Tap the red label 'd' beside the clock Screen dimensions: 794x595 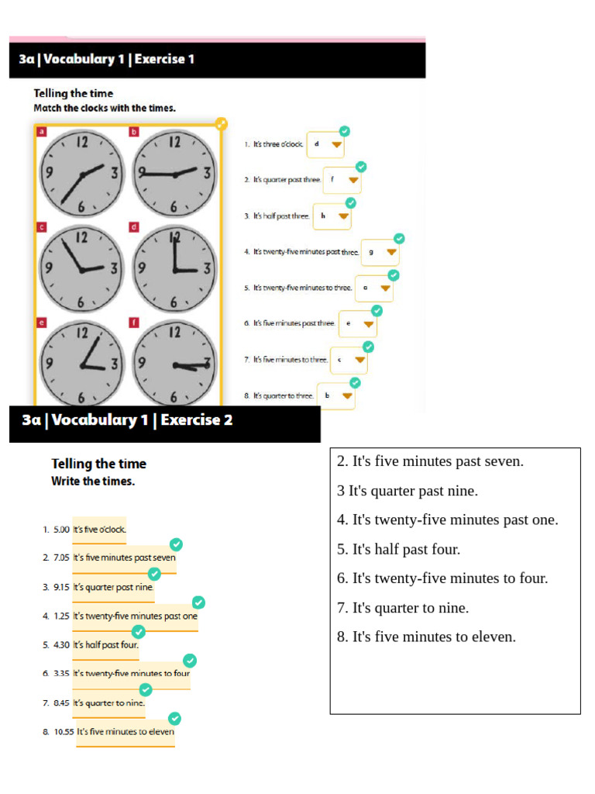coord(134,227)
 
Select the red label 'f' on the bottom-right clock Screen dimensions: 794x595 coord(134,323)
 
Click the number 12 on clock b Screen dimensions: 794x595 coord(174,142)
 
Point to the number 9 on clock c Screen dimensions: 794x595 coord(48,268)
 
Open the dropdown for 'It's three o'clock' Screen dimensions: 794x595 coord(325,144)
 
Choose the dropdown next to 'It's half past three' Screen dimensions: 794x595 coord(332,216)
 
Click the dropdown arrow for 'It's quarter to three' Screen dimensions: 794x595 coord(347,395)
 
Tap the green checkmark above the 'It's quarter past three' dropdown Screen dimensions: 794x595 coord(360,167)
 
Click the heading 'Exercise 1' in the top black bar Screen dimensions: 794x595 coord(164,59)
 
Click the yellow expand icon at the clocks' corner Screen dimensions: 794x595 coord(221,123)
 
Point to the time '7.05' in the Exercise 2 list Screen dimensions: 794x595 coord(61,558)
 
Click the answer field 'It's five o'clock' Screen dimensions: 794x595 coord(99,530)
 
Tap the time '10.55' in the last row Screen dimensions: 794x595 coord(64,731)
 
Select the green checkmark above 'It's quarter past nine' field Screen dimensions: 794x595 coord(154,573)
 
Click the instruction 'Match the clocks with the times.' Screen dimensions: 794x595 coord(105,108)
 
